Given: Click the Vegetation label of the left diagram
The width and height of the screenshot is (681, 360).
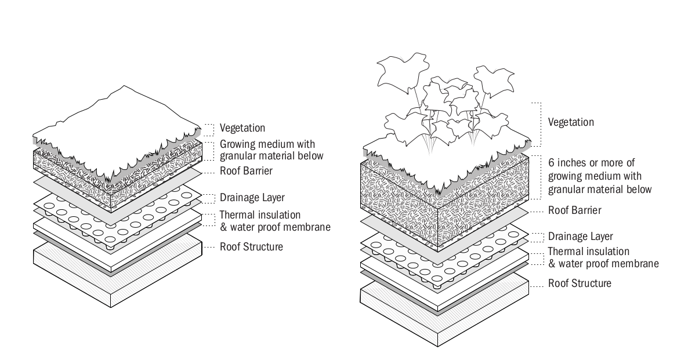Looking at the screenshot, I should tap(242, 128).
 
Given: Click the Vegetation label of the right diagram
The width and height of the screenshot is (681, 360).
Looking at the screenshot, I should tap(571, 122).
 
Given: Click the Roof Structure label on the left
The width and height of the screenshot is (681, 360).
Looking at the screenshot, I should tap(251, 247).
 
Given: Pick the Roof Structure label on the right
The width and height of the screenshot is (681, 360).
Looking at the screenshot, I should tap(580, 283).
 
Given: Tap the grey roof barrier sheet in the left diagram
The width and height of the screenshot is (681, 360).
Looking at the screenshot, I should tap(70, 184).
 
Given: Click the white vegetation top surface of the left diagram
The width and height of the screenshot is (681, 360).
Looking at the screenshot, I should tap(116, 122).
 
